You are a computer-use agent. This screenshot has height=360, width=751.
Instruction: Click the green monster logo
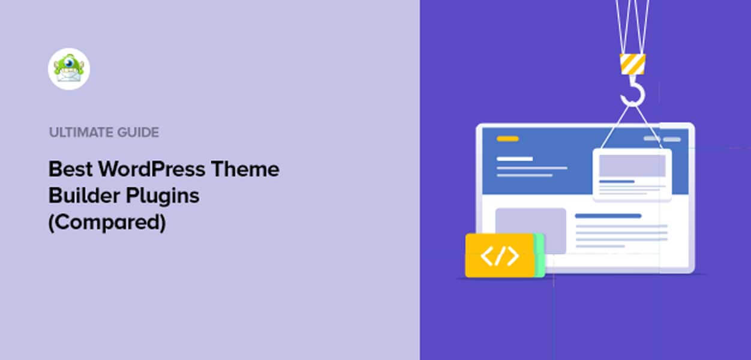[69, 69]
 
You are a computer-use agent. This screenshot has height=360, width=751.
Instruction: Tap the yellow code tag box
[500, 256]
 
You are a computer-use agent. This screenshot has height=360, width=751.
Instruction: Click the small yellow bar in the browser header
[507, 139]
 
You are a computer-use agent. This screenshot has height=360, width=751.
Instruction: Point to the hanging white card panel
[632, 174]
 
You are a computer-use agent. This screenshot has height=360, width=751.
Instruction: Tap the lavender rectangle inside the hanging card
[632, 166]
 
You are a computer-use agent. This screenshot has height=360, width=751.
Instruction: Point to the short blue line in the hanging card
[617, 181]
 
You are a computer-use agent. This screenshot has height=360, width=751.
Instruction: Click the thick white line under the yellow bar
[515, 159]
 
